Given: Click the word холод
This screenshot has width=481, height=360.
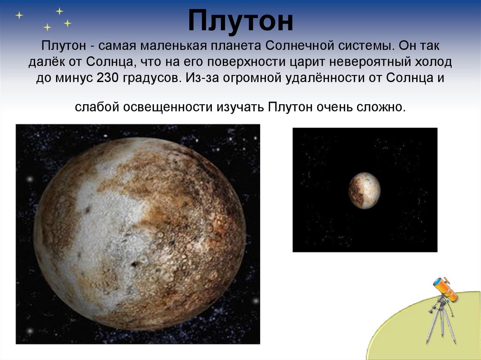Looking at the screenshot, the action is (434, 62).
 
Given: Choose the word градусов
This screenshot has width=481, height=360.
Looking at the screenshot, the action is (152, 78).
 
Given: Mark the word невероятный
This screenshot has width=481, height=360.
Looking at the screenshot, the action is (370, 62).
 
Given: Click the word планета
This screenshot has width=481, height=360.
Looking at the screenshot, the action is (236, 46).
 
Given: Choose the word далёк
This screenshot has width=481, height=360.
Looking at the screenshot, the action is (47, 62).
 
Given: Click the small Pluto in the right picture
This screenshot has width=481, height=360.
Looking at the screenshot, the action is (365, 191).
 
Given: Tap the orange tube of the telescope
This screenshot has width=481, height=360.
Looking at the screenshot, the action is (445, 289).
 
